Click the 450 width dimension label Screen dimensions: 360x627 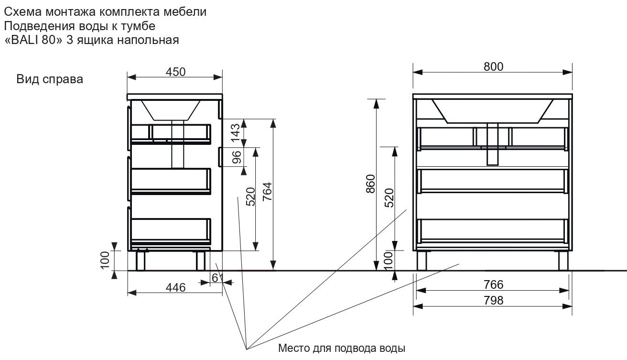pos(175,72)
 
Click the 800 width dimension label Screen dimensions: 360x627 pos(493,67)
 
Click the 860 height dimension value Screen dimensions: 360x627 pos(370,185)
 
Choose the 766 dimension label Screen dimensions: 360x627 pos(493,284)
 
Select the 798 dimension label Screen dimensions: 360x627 pos(493,300)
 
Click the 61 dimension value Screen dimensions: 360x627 pos(217,278)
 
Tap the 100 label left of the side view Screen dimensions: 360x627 pos(106,260)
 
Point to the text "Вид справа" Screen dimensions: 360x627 pos(50,79)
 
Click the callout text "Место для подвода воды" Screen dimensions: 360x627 pos(342,348)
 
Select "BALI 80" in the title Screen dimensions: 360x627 pos(33,40)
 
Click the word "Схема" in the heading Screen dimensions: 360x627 pos(22,12)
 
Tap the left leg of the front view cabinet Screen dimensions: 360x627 pos(422,261)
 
